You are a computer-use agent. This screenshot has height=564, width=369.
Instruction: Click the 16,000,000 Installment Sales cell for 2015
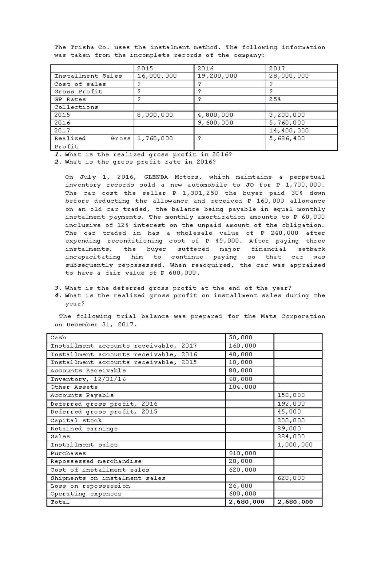pyautogui.click(x=157, y=76)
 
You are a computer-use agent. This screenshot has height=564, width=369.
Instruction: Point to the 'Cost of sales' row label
pyautogui.click(x=80, y=84)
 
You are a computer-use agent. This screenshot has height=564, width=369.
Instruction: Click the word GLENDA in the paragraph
pyautogui.click(x=156, y=177)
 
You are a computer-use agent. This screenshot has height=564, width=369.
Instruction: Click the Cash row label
pyautogui.click(x=58, y=337)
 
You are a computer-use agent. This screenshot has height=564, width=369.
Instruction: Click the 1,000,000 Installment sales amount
pyautogui.click(x=295, y=445)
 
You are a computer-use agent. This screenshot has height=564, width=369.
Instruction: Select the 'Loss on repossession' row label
pyautogui.click(x=90, y=486)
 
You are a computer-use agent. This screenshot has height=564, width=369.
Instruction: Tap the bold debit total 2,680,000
pyautogui.click(x=246, y=502)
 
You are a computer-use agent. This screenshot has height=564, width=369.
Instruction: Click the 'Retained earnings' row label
pyautogui.click(x=84, y=428)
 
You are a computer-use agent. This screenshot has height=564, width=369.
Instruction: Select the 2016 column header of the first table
pyautogui.click(x=205, y=68)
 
